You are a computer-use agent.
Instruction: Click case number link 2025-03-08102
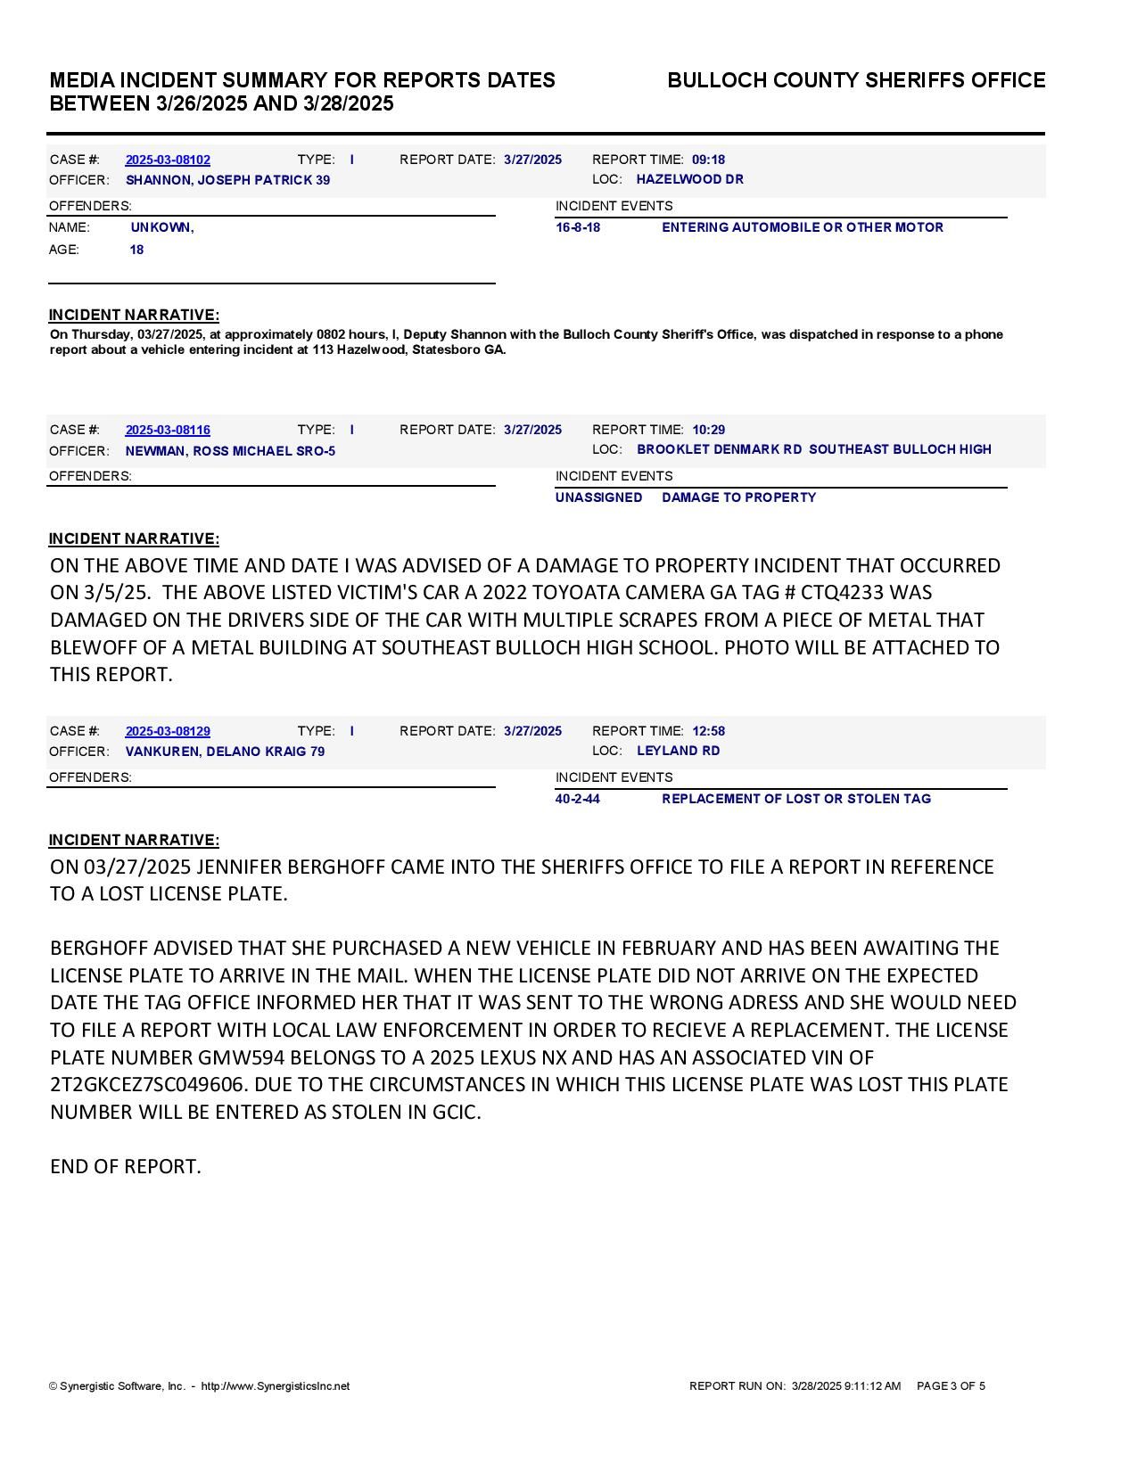point(168,160)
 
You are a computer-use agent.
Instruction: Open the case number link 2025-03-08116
point(168,430)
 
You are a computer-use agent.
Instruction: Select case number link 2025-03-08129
point(168,731)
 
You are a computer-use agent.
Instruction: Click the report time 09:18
point(708,160)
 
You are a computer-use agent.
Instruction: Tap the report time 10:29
point(708,430)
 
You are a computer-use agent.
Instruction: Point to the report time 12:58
point(708,731)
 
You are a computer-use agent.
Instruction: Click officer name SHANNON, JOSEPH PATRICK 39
point(227,180)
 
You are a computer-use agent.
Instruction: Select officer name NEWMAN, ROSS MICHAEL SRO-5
point(230,451)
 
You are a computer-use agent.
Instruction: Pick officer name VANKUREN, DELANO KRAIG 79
point(225,752)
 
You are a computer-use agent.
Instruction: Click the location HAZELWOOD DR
point(689,179)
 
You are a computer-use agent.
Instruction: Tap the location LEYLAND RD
point(678,751)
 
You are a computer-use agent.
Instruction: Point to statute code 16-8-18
point(578,227)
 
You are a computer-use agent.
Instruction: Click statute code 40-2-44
point(577,799)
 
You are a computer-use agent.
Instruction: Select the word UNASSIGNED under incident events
point(598,497)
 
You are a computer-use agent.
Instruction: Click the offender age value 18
point(136,250)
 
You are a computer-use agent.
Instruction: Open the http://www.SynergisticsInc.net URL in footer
point(276,1386)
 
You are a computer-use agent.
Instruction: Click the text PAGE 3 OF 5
point(951,1386)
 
